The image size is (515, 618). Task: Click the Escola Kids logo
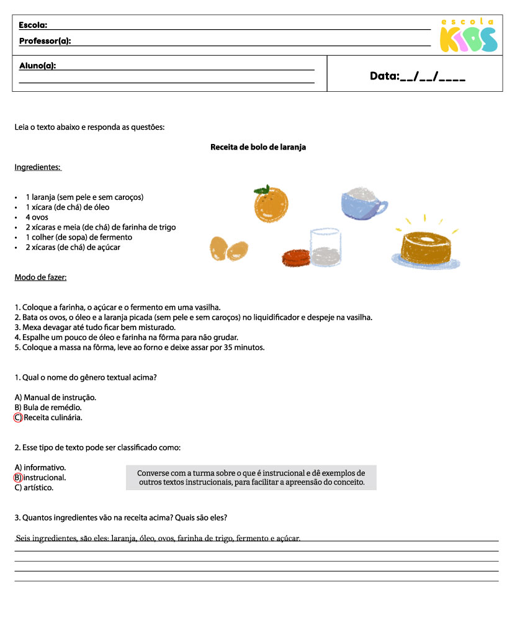pyautogui.click(x=468, y=36)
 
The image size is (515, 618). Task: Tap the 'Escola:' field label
pyautogui.click(x=33, y=25)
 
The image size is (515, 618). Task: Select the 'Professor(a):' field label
pyautogui.click(x=45, y=41)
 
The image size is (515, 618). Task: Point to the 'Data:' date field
pyautogui.click(x=417, y=76)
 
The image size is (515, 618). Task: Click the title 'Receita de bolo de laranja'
pyautogui.click(x=258, y=147)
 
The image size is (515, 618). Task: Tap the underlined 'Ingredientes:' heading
pyautogui.click(x=37, y=168)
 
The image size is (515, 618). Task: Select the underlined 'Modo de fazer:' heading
pyautogui.click(x=40, y=277)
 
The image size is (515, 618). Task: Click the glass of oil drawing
pyautogui.click(x=325, y=248)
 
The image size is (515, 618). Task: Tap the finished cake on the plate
pyautogui.click(x=426, y=248)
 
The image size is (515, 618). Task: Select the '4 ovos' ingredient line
pyautogui.click(x=37, y=217)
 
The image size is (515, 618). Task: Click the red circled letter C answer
pyautogui.click(x=17, y=418)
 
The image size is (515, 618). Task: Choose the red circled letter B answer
pyautogui.click(x=17, y=478)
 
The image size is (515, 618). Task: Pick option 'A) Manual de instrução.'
pyautogui.click(x=55, y=397)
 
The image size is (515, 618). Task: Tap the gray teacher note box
pyautogui.click(x=251, y=477)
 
